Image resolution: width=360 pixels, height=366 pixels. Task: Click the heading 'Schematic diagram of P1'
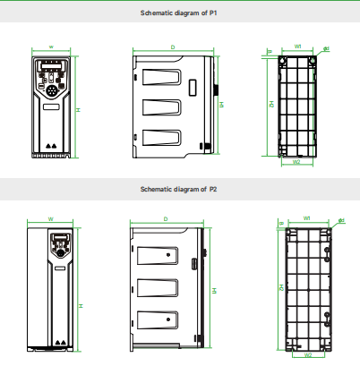(x=179, y=14)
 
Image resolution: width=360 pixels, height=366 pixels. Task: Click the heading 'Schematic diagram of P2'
(x=179, y=189)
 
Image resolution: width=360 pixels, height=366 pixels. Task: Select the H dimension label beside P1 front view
(x=78, y=109)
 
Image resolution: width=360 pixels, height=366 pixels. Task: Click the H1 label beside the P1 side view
(x=221, y=105)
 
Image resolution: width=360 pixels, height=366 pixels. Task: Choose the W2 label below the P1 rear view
(x=296, y=162)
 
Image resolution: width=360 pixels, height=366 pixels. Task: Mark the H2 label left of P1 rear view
(x=270, y=104)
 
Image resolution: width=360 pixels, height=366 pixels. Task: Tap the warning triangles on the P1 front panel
(x=51, y=142)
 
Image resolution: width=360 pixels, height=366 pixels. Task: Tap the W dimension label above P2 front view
(x=50, y=217)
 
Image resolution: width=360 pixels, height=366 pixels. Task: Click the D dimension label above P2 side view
(x=166, y=217)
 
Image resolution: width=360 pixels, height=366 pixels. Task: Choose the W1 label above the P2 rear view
(x=307, y=217)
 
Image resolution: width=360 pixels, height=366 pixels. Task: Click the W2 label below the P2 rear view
(x=308, y=354)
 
